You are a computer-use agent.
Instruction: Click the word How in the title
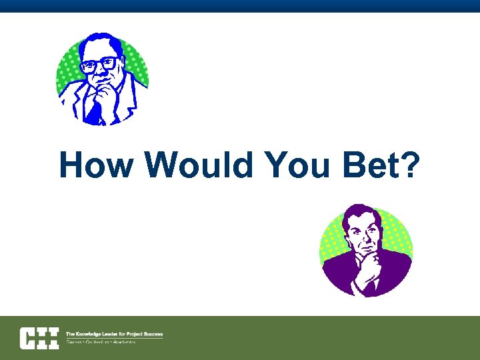pos(95,165)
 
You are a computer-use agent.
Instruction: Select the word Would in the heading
pos(201,165)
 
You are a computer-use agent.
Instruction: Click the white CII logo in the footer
pos(39,337)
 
